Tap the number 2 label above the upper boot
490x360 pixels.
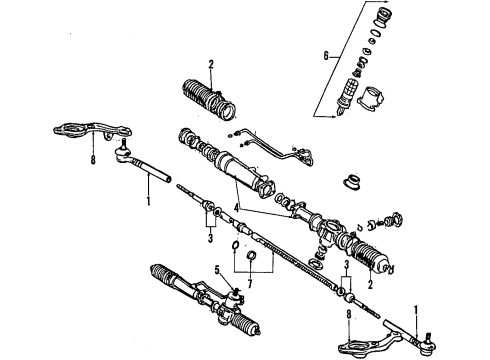210,66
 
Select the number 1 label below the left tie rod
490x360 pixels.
149,200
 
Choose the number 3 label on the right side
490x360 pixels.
346,265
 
